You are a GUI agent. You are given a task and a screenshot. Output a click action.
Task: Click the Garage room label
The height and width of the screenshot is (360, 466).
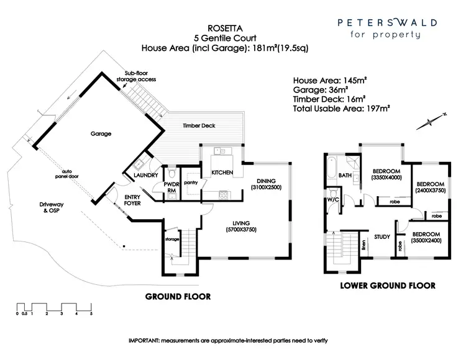pos(100,133)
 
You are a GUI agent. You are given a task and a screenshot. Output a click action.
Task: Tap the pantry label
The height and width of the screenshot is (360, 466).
pos(190,182)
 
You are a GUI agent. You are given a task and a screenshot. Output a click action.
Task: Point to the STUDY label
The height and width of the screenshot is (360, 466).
pos(381,236)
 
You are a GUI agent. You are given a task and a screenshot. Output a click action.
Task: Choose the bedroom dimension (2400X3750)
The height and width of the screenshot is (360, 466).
pos(431,192)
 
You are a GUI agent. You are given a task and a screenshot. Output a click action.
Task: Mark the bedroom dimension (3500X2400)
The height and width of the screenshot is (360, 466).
pos(426,240)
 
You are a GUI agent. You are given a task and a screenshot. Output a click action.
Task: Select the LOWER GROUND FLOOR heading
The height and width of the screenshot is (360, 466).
pos(387,286)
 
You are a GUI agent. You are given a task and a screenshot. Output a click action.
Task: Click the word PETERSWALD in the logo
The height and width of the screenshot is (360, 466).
pos(387,23)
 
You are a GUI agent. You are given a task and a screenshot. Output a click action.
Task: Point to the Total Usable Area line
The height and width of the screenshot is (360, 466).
pos(341,109)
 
